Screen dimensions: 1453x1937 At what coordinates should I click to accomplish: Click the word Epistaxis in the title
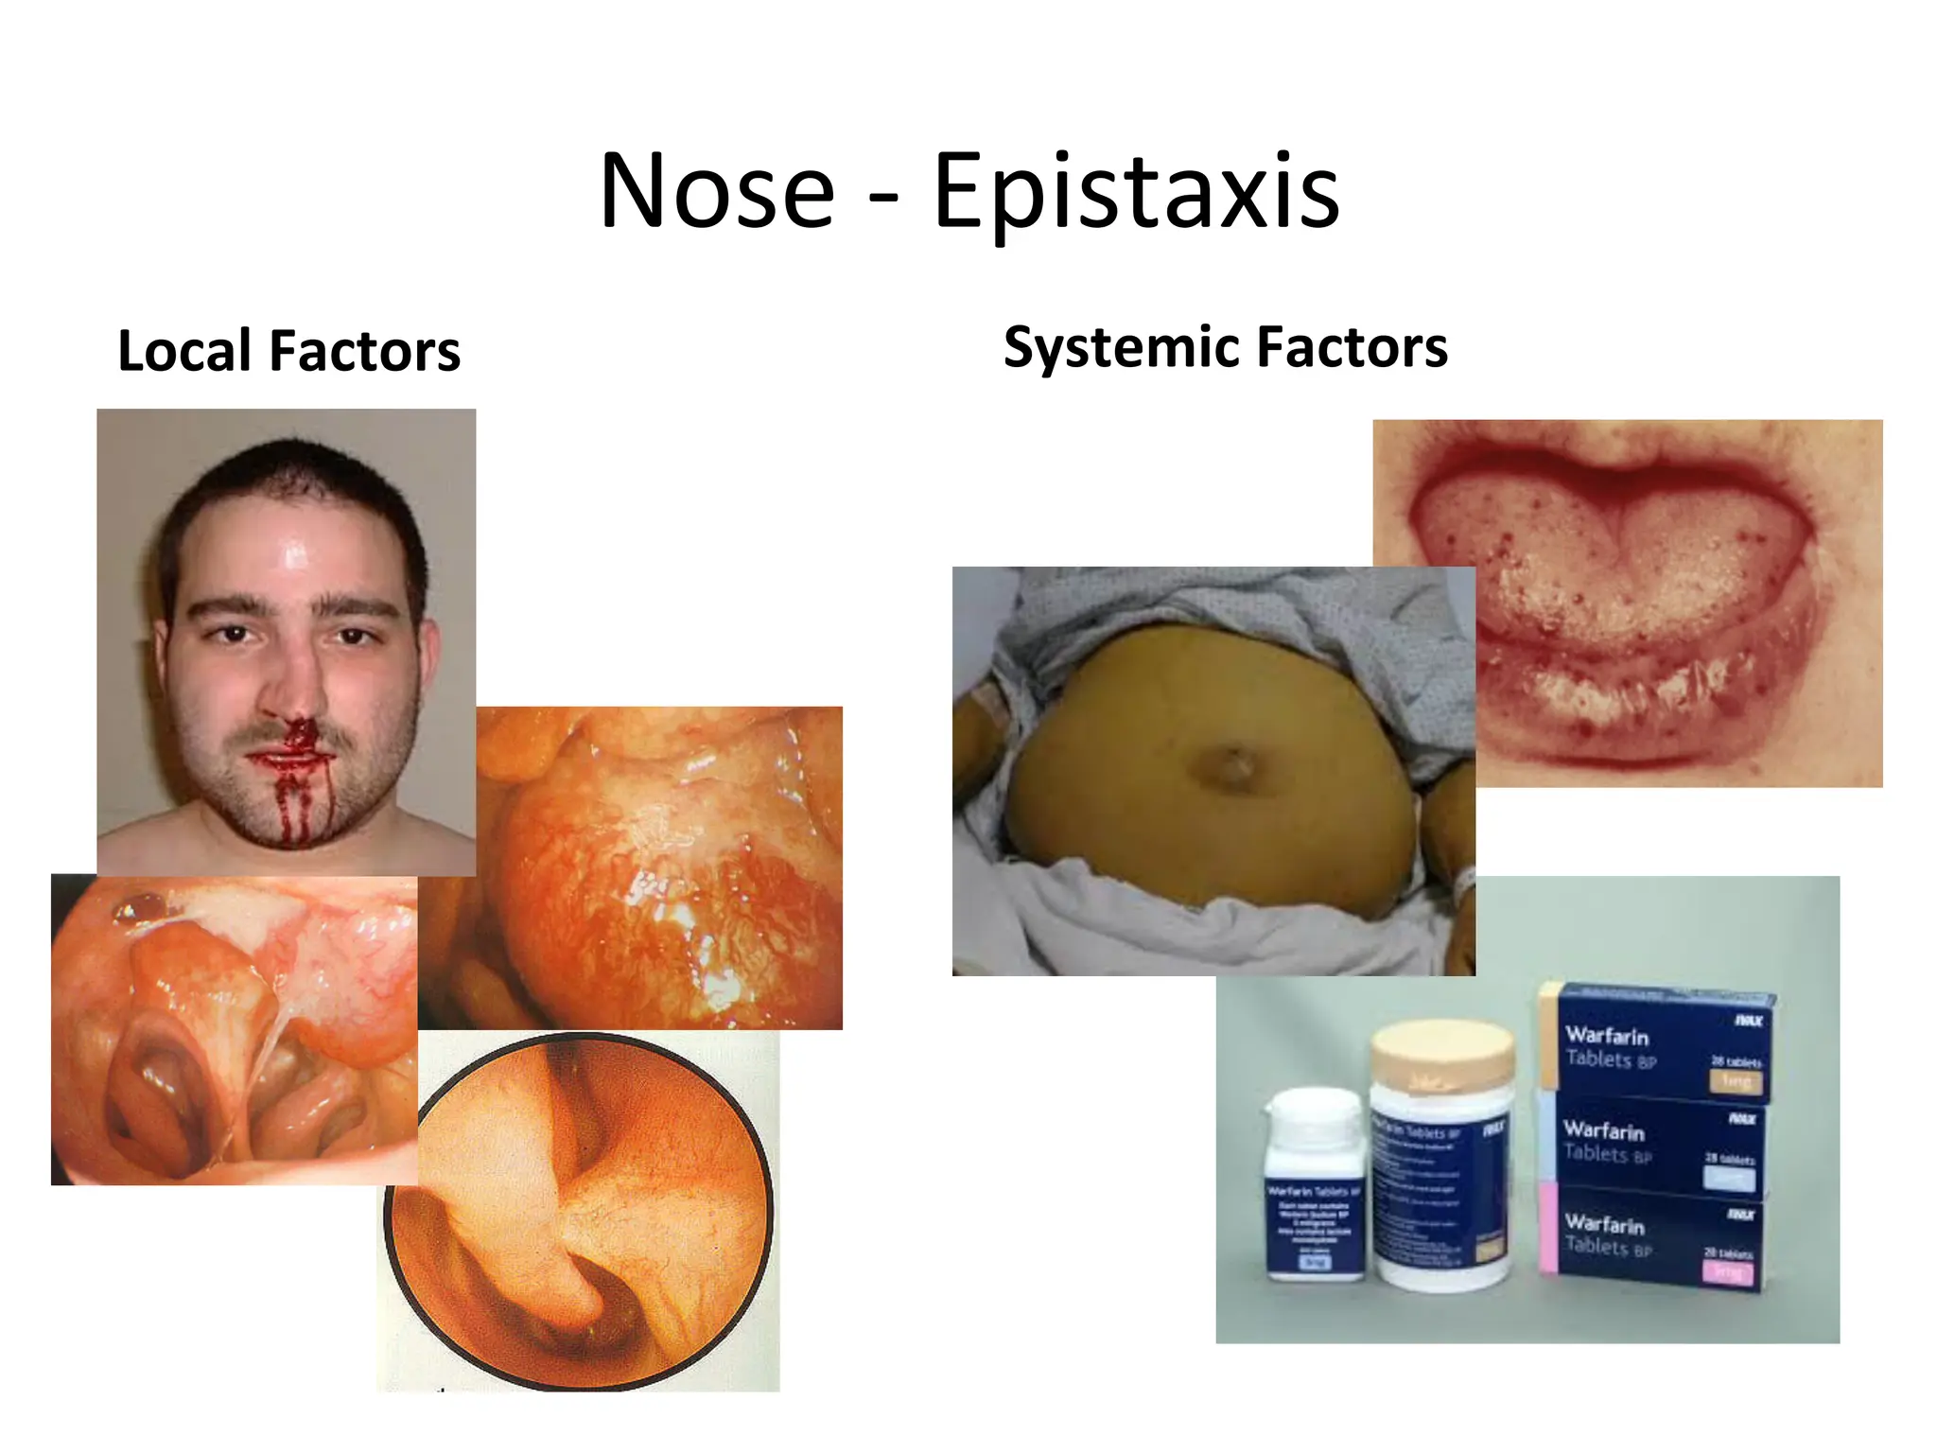[x=1136, y=191]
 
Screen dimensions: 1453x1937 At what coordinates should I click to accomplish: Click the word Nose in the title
[x=717, y=191]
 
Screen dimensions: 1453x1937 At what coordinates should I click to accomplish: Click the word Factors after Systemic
[x=1352, y=347]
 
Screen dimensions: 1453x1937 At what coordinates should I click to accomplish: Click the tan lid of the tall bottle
[x=1442, y=1055]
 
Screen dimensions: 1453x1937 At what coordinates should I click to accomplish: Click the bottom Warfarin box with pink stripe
[x=1655, y=1237]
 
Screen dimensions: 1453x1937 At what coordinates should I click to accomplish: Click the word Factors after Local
[x=364, y=351]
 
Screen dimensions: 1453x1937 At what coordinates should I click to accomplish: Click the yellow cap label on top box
[x=1736, y=1080]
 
